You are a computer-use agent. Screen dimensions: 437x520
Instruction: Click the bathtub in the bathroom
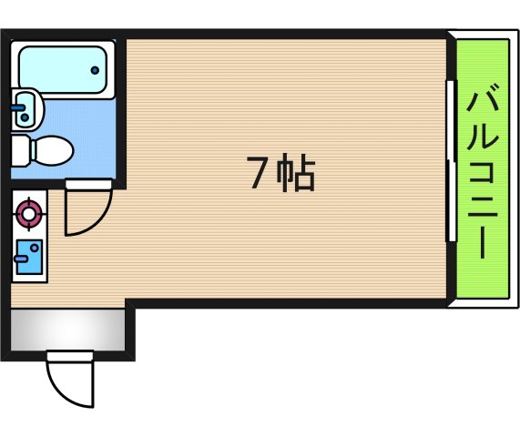pos(62,66)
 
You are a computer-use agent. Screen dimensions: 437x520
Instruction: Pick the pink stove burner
pos(30,214)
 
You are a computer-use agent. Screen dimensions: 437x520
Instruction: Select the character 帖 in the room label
pos(297,173)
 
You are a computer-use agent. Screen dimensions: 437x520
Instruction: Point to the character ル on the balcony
pos(483,137)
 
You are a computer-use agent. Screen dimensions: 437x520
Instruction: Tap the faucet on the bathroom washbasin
pos(17,107)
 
